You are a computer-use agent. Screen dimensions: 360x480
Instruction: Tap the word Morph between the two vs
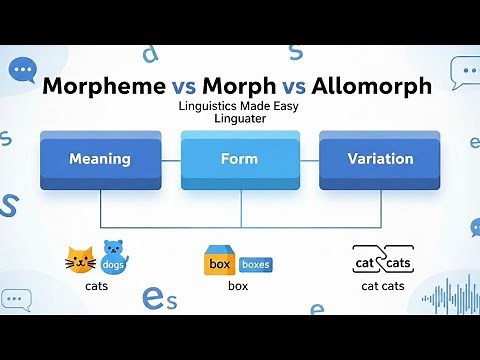(x=239, y=86)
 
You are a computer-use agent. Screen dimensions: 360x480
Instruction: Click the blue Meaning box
(x=100, y=159)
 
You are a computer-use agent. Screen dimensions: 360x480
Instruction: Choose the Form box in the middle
(x=239, y=159)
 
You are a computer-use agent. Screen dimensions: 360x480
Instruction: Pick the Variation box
(x=379, y=159)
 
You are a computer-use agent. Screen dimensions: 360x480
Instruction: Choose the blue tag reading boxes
(x=255, y=265)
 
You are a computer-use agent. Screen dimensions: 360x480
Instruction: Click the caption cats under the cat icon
(x=97, y=286)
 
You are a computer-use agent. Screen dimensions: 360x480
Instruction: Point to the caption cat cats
(x=383, y=286)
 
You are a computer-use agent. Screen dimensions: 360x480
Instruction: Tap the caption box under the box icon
(x=237, y=286)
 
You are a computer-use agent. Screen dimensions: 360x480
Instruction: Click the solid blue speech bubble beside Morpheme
(x=22, y=69)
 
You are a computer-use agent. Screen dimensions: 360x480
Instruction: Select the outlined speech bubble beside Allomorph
(x=464, y=69)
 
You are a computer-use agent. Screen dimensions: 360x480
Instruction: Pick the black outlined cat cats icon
(x=382, y=261)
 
